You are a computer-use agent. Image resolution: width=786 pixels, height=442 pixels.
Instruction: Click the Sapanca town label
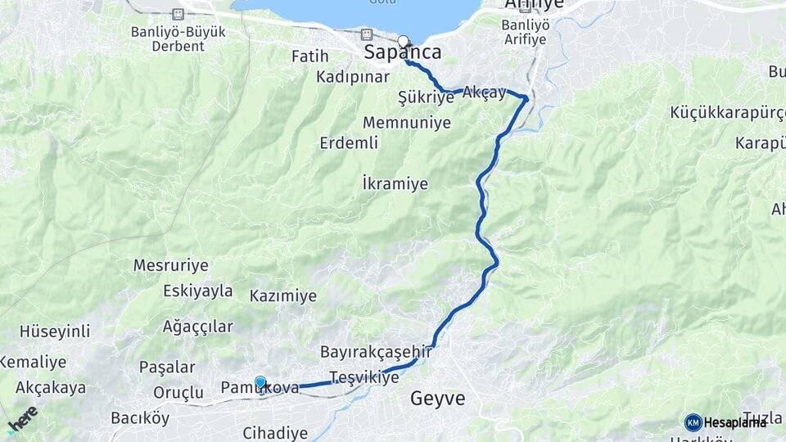point(402,53)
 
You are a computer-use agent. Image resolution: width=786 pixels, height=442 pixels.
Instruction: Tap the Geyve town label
point(437,399)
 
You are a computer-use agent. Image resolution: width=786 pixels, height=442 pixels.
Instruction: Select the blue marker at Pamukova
point(260,381)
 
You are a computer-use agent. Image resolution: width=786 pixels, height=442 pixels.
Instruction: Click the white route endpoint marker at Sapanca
point(403,40)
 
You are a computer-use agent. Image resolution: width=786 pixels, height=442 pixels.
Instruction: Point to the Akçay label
point(484,92)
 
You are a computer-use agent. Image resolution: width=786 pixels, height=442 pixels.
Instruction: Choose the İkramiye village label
point(395,183)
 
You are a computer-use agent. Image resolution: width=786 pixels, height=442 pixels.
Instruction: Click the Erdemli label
point(349,143)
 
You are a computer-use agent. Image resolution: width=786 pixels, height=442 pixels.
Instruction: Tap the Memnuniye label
point(407,123)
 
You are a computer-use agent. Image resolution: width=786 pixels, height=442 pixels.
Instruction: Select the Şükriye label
point(425,97)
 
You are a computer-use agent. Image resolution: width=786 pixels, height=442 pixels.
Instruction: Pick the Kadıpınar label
point(353,77)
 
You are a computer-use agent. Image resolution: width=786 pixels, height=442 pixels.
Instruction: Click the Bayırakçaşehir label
point(376,350)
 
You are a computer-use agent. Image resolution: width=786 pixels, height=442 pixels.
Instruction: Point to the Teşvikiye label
point(364,377)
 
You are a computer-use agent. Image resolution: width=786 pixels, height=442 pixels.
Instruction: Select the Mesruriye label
point(170,266)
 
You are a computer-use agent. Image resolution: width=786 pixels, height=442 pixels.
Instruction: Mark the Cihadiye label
point(275,433)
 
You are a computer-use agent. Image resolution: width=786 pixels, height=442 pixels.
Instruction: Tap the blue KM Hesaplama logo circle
point(693,422)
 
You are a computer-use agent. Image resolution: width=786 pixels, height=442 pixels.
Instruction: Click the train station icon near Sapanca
point(366,34)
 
